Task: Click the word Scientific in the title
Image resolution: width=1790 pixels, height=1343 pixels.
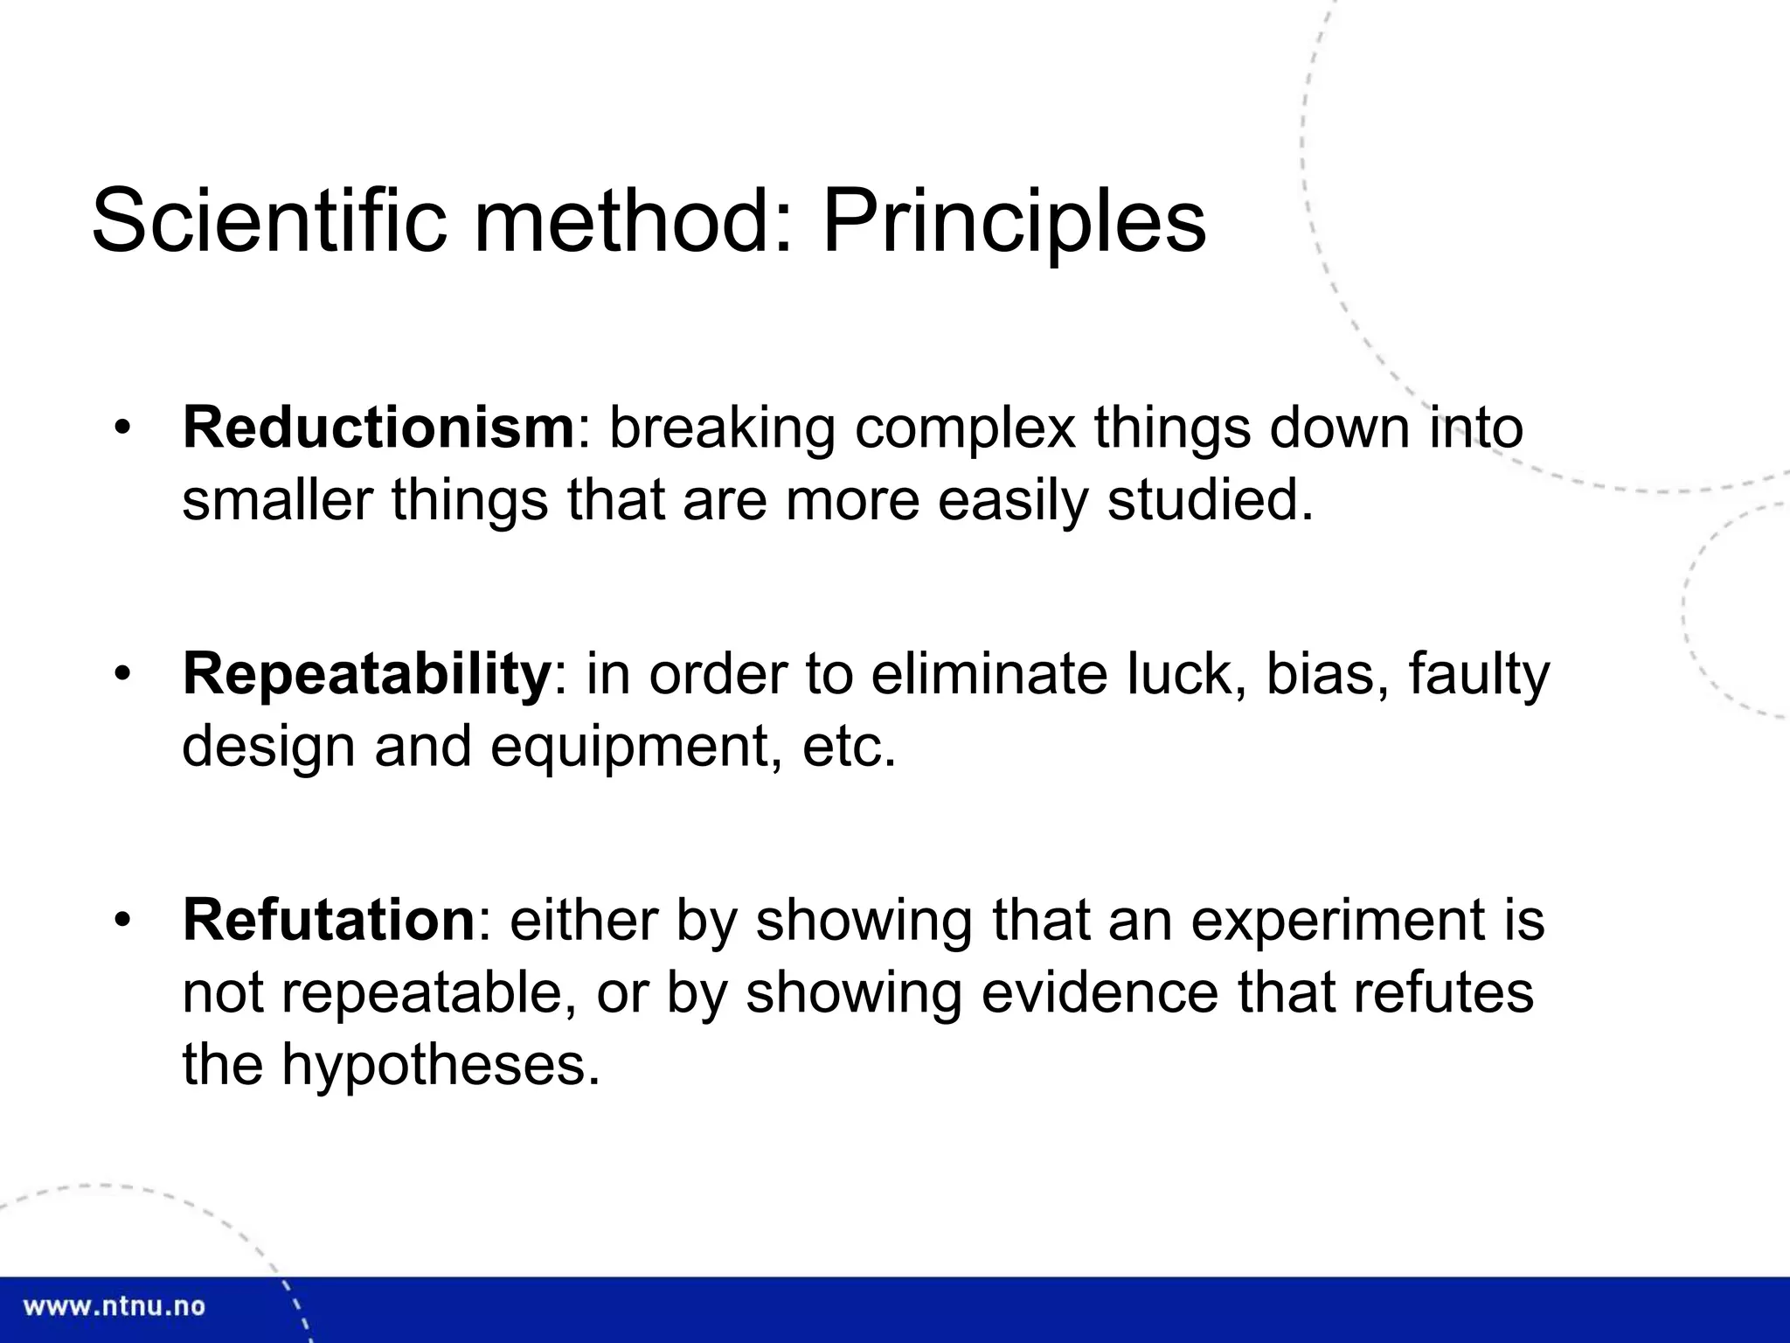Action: click(x=268, y=220)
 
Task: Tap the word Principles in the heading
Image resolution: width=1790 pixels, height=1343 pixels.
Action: click(x=1014, y=222)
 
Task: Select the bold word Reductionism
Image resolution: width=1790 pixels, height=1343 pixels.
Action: click(x=378, y=428)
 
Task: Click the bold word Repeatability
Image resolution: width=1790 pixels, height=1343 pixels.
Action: click(x=366, y=674)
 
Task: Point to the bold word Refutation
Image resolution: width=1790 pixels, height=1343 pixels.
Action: click(x=328, y=921)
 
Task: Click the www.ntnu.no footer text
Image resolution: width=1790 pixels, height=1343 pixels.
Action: click(x=114, y=1307)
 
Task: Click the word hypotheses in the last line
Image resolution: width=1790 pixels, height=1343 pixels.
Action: click(x=441, y=1066)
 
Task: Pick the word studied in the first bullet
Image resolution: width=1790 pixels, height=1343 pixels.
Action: click(x=1210, y=501)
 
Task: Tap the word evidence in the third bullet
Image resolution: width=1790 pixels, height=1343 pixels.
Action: click(x=1100, y=993)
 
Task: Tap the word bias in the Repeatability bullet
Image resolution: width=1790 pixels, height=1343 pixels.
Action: click(x=1327, y=674)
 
